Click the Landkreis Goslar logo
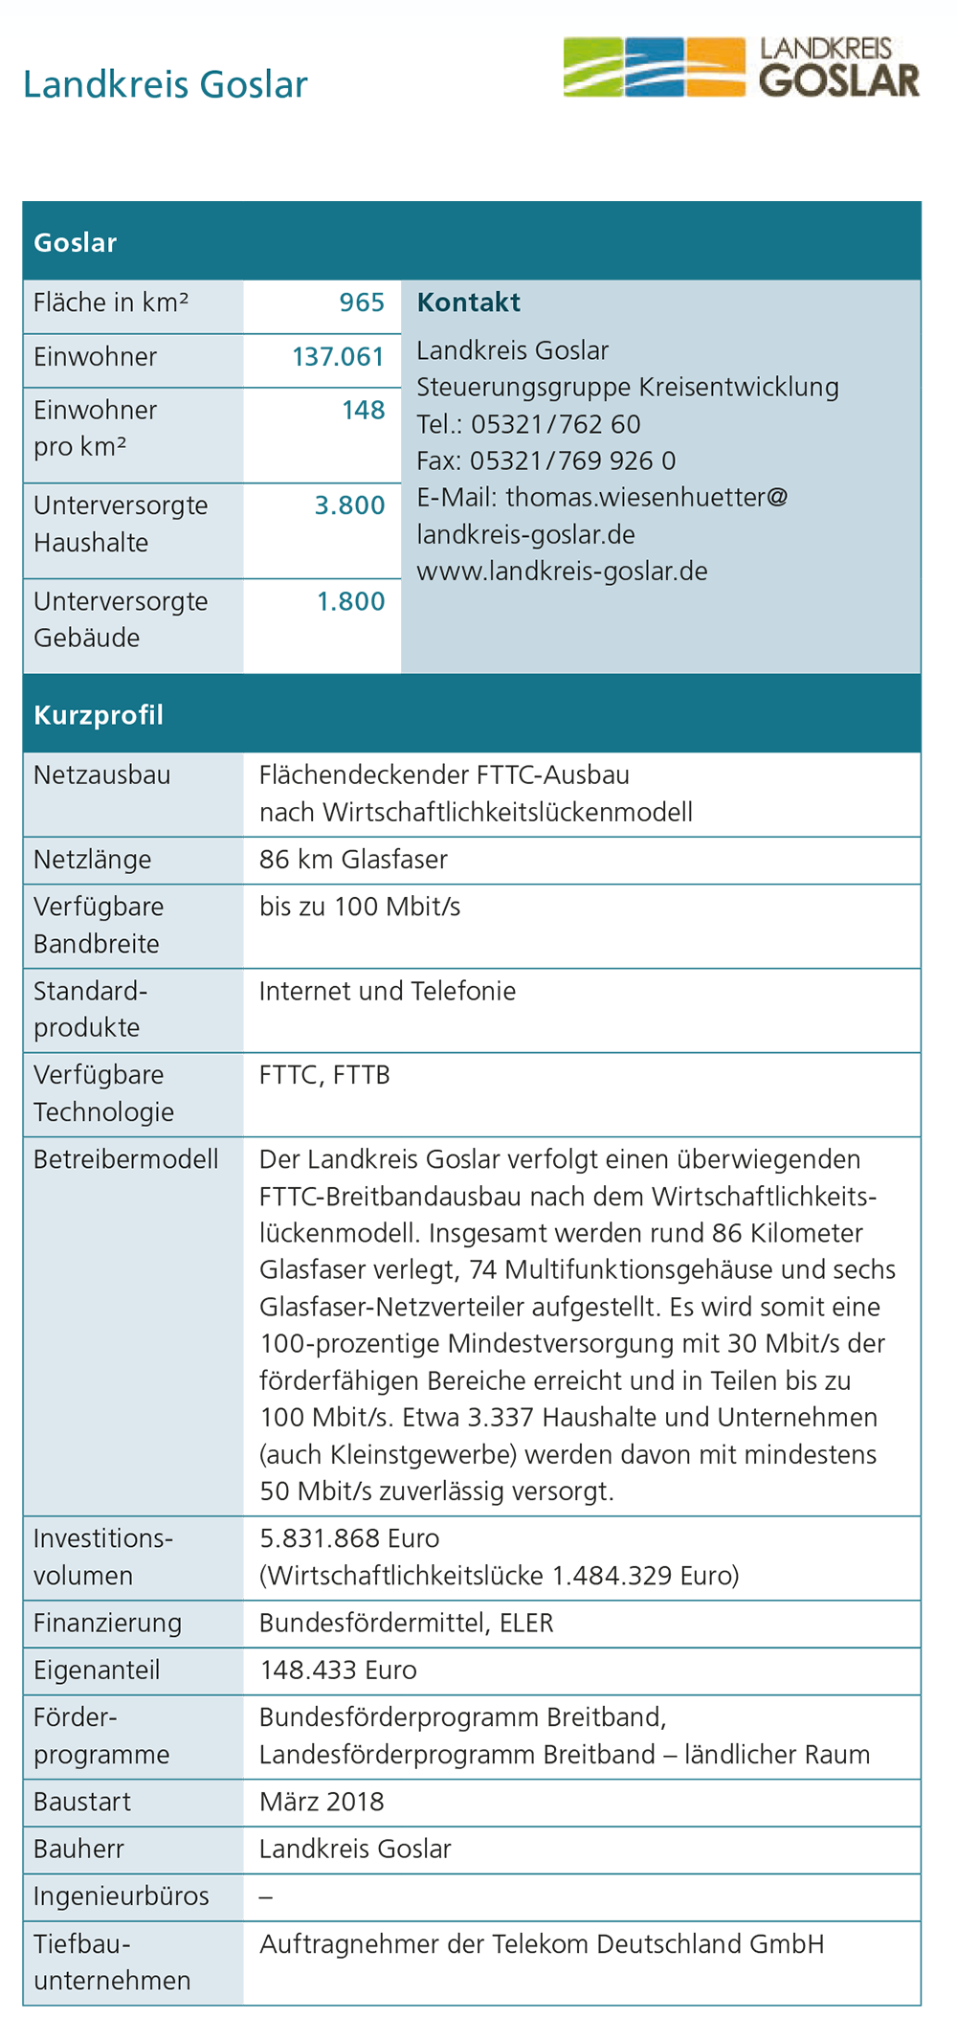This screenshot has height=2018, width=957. tap(741, 67)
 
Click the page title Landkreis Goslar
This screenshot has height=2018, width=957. tap(165, 84)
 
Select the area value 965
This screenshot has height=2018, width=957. tap(362, 303)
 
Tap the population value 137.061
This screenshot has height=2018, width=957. tap(338, 357)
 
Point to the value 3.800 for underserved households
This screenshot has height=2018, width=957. tap(349, 505)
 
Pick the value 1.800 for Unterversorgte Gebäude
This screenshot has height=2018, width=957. tap(350, 601)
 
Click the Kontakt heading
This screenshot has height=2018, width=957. tap(468, 303)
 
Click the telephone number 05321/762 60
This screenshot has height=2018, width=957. tap(555, 424)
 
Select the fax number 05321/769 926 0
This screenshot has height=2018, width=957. tap(572, 460)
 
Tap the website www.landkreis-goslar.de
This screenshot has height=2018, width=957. tap(562, 572)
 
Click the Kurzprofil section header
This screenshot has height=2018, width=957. tap(99, 715)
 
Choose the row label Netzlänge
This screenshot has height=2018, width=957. tap(92, 860)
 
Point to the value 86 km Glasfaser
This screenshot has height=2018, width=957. tap(353, 860)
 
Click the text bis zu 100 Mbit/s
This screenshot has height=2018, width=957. tap(360, 907)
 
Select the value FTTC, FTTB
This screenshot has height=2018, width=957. tap(324, 1075)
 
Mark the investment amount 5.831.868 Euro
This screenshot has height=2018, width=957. tap(349, 1538)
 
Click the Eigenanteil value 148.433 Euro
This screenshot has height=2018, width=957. tap(338, 1670)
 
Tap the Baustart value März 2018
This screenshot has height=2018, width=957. tap(322, 1802)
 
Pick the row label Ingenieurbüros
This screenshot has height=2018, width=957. tap(121, 1895)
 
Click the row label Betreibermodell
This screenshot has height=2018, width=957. tap(125, 1159)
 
